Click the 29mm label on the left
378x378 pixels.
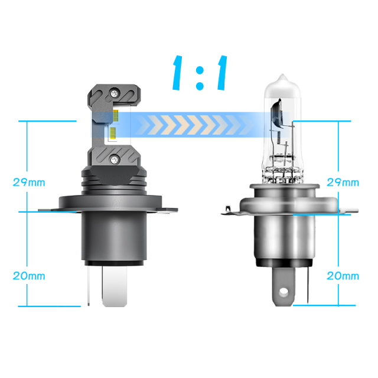29,182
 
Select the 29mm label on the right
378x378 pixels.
343,182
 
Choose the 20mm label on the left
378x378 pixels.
29,275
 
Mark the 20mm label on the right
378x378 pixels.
343,275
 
